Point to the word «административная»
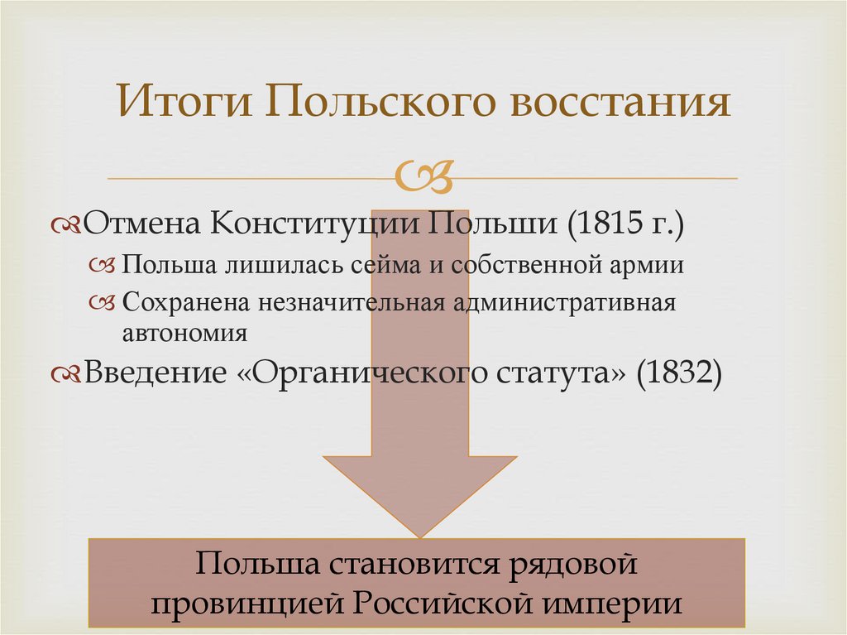pyautogui.click(x=564, y=302)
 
